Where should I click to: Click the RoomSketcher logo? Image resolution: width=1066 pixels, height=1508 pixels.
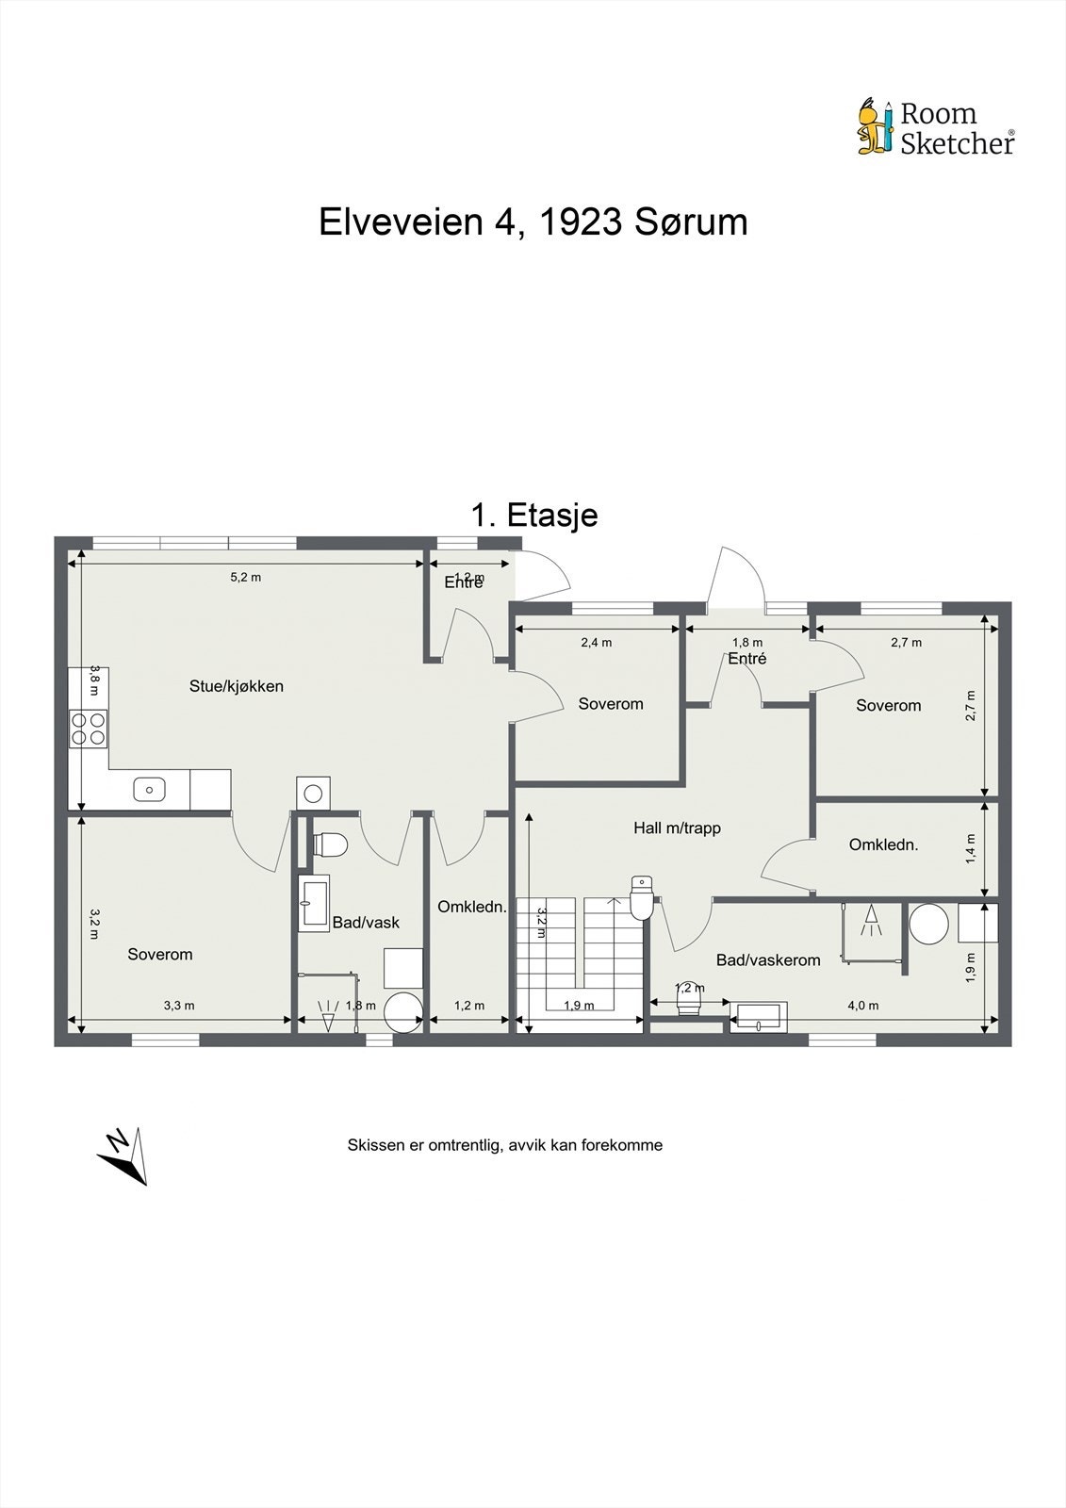(935, 128)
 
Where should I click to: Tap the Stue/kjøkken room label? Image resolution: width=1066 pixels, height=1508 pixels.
(236, 686)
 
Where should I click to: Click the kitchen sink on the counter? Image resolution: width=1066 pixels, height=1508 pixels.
(149, 789)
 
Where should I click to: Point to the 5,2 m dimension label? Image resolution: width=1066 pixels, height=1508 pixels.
(245, 577)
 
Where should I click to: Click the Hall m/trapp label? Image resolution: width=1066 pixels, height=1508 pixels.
(677, 828)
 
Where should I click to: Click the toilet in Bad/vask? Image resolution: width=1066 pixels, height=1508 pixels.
(329, 844)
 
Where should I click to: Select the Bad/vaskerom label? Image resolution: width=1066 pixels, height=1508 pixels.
(768, 960)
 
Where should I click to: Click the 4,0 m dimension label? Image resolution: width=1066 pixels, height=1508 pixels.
(862, 1006)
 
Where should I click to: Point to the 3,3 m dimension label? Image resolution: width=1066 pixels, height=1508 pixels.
(179, 1006)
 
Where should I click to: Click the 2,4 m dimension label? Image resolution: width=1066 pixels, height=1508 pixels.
(596, 643)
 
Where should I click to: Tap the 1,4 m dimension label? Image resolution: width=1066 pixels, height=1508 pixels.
(971, 848)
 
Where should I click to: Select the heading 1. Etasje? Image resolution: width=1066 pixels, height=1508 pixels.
(533, 515)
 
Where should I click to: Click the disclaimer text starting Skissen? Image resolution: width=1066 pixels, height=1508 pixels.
(504, 1145)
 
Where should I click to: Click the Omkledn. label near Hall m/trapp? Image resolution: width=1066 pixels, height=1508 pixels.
(883, 844)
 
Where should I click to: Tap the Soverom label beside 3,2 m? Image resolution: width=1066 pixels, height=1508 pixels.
(160, 955)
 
